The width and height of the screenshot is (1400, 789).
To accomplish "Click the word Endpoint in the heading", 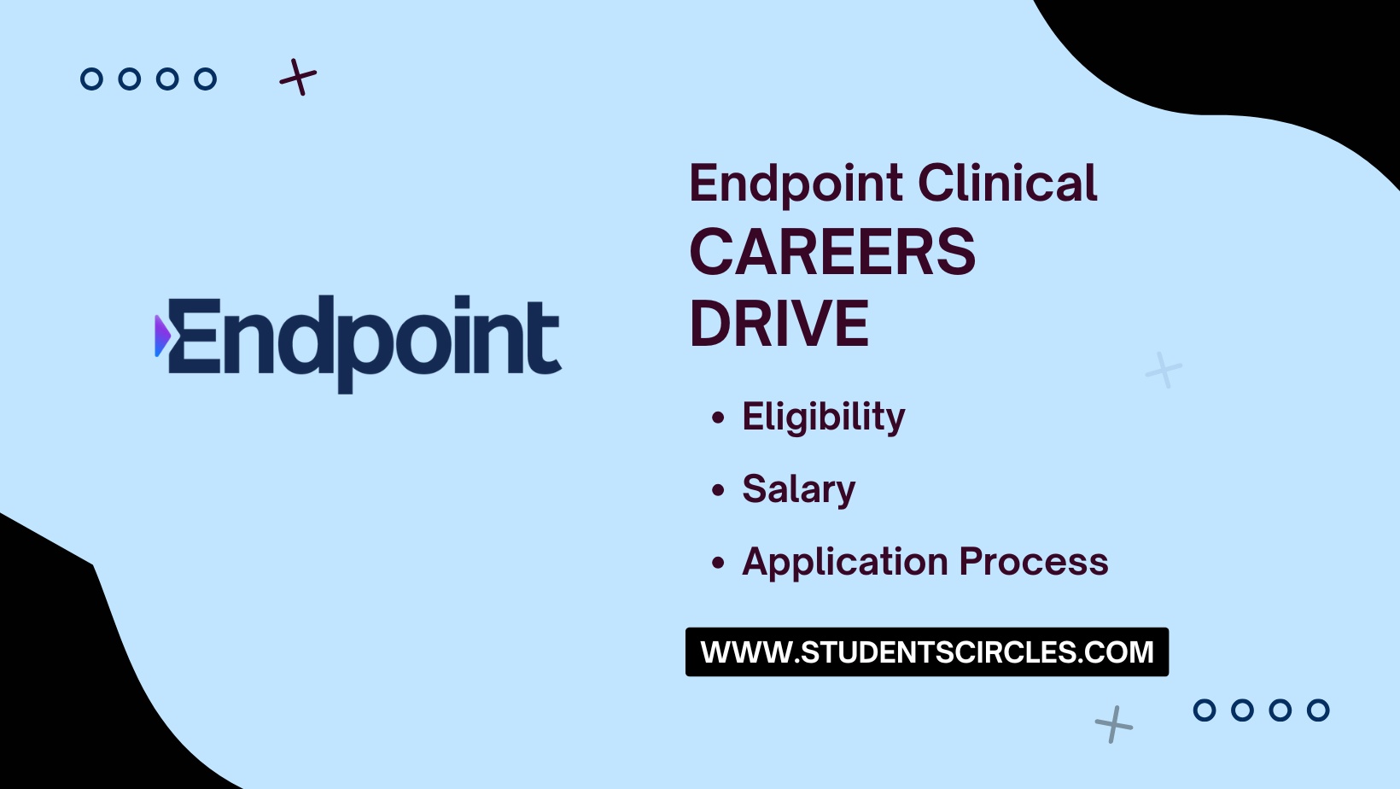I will pos(796,184).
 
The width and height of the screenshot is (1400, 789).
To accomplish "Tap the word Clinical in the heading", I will pos(1007,184).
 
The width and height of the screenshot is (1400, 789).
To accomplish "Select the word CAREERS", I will pos(832,253).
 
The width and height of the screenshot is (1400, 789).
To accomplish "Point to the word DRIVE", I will pos(779,324).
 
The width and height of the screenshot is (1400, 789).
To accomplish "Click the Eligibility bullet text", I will pos(823,418).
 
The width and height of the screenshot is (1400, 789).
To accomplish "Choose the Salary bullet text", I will pos(798,489).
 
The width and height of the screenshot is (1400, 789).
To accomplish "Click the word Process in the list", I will pos(1033,562).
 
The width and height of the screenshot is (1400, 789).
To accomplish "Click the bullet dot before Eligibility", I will pos(718,418).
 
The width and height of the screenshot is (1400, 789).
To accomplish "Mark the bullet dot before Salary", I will pos(718,490).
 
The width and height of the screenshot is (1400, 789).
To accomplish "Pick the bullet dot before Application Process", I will pos(718,563).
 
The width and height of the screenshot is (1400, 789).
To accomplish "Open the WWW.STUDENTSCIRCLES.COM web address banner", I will pos(926,652).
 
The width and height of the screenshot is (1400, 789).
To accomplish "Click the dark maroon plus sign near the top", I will pos(298,78).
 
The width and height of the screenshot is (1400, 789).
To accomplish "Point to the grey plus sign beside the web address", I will pos(1114,724).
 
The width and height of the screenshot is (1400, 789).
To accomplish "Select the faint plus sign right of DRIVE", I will pos(1164,370).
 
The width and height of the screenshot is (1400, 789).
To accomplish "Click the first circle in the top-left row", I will pos(91,79).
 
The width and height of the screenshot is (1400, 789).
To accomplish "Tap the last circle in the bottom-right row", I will pos(1318,710).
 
